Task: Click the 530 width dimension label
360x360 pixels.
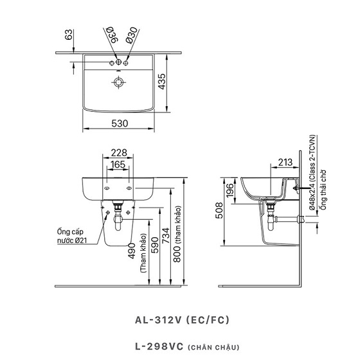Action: coord(120,123)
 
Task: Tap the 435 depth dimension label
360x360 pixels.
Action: coord(161,82)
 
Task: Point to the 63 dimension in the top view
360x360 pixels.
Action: coord(68,35)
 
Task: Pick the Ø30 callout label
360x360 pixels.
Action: coord(131,35)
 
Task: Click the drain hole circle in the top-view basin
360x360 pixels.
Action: coord(119,82)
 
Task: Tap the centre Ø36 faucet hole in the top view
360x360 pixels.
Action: coord(118,62)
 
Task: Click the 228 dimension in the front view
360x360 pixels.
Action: coord(119,153)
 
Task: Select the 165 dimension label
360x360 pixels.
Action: coord(118,165)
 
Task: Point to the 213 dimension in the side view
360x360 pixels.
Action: coord(285,162)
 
